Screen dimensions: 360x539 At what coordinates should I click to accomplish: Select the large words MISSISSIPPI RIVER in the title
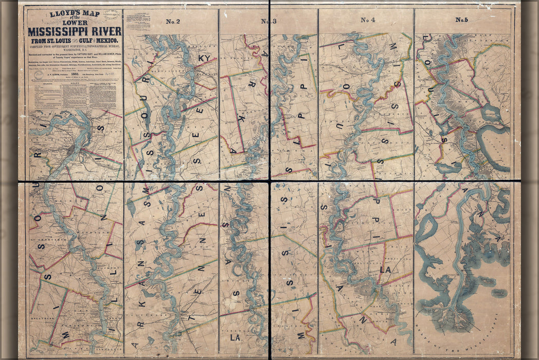pyautogui.click(x=75, y=29)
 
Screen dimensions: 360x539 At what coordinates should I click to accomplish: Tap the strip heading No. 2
pyautogui.click(x=173, y=21)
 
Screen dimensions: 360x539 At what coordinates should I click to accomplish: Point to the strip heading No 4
pyautogui.click(x=367, y=21)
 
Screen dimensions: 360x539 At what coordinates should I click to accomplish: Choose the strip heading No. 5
pyautogui.click(x=461, y=21)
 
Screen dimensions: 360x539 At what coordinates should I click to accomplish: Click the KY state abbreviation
pyautogui.click(x=204, y=59)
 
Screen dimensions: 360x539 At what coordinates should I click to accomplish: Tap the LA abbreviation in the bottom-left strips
pyautogui.click(x=235, y=338)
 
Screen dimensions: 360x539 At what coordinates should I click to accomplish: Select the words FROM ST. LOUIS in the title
pyautogui.click(x=49, y=40)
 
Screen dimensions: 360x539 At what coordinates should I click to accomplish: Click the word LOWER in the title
pyautogui.click(x=75, y=21)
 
